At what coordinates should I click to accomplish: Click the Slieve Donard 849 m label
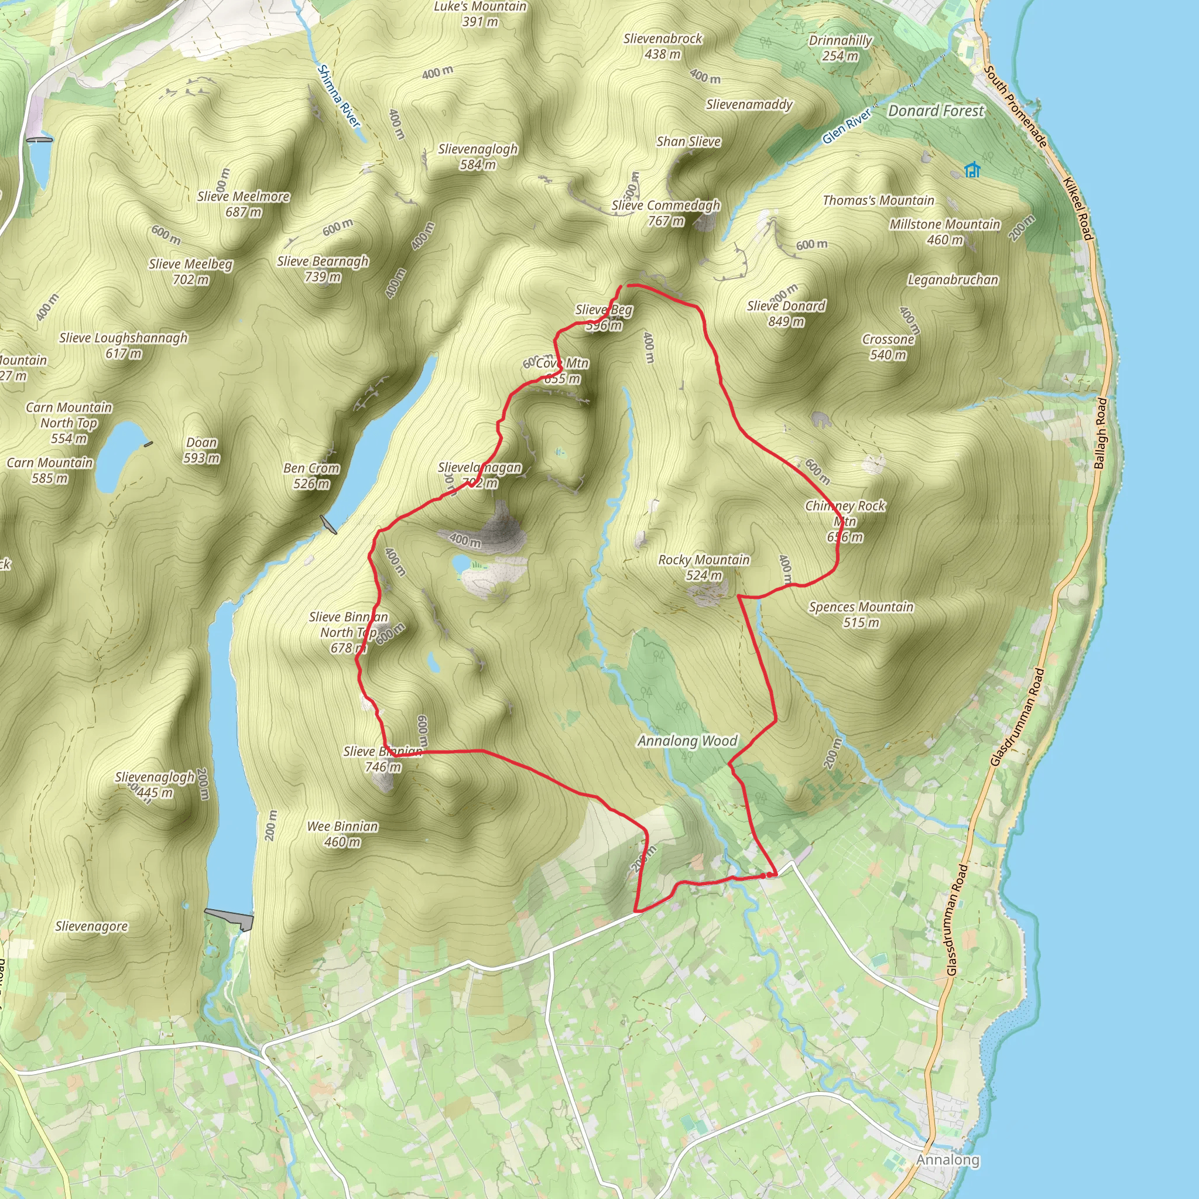point(786,313)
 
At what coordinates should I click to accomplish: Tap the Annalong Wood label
point(687,741)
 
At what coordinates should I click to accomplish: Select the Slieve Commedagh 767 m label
point(666,213)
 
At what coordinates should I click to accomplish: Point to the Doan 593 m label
point(202,451)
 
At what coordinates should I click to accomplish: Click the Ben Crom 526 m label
point(311,476)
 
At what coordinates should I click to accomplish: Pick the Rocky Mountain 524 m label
point(704,567)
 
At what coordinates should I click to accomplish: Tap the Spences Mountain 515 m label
point(861,614)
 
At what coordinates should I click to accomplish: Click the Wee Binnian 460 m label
point(342,834)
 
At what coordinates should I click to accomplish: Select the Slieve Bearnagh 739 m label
point(323,269)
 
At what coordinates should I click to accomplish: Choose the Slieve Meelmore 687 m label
point(244,204)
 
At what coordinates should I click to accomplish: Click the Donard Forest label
point(936,111)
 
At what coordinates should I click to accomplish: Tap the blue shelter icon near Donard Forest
point(972,169)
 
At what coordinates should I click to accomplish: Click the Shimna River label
point(338,96)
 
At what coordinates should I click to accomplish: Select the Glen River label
point(847,126)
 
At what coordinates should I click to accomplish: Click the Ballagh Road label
point(1100,433)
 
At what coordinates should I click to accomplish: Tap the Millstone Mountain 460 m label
point(944,232)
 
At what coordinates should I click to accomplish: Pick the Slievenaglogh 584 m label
point(477,156)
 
